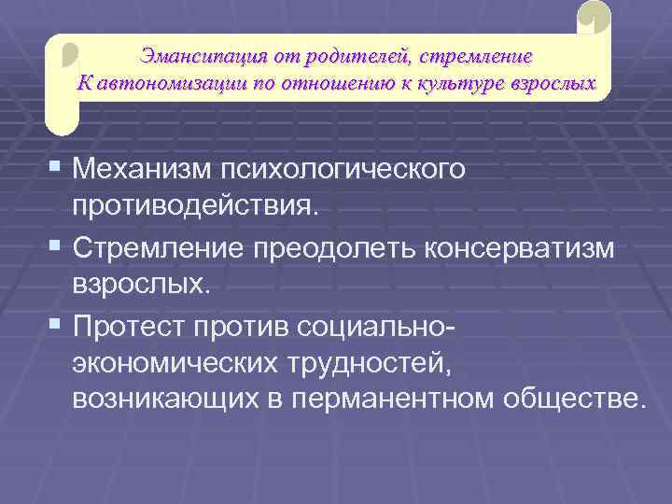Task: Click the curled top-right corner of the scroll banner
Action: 594,18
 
